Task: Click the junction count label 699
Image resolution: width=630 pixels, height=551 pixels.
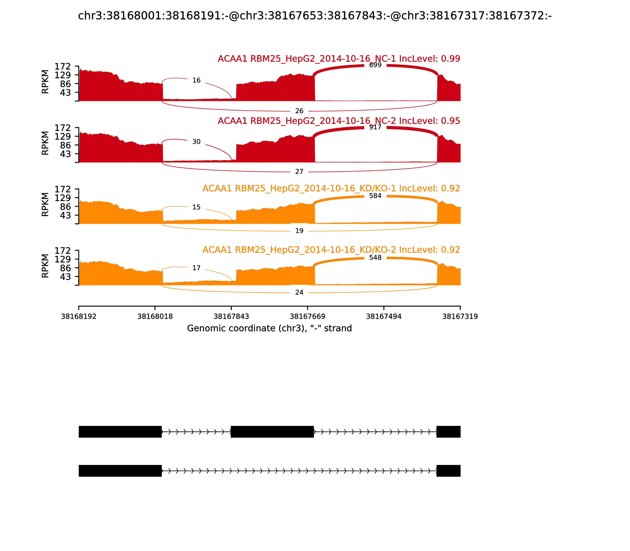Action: [x=375, y=65]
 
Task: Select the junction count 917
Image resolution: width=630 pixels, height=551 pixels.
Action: [x=375, y=127]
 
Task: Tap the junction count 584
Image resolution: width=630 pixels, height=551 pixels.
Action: [x=375, y=196]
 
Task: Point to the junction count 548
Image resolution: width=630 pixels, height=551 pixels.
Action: [x=375, y=257]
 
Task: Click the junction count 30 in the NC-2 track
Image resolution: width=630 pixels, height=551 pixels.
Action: [x=196, y=142]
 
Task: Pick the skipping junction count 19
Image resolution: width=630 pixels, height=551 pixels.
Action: [x=299, y=231]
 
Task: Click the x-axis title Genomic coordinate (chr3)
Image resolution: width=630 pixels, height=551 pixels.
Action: [x=269, y=328]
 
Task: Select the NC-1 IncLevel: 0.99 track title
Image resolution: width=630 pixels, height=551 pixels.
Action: [x=339, y=59]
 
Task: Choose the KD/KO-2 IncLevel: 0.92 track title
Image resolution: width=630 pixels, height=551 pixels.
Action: [x=331, y=250]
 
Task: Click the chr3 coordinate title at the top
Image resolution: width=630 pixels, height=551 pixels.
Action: [x=315, y=16]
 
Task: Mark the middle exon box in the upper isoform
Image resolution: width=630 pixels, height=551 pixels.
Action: [x=272, y=432]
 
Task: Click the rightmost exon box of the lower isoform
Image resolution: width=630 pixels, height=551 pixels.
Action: [x=448, y=471]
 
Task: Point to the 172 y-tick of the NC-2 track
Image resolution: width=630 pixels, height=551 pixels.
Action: [x=63, y=128]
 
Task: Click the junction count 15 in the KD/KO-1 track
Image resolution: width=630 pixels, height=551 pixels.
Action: [x=196, y=207]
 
